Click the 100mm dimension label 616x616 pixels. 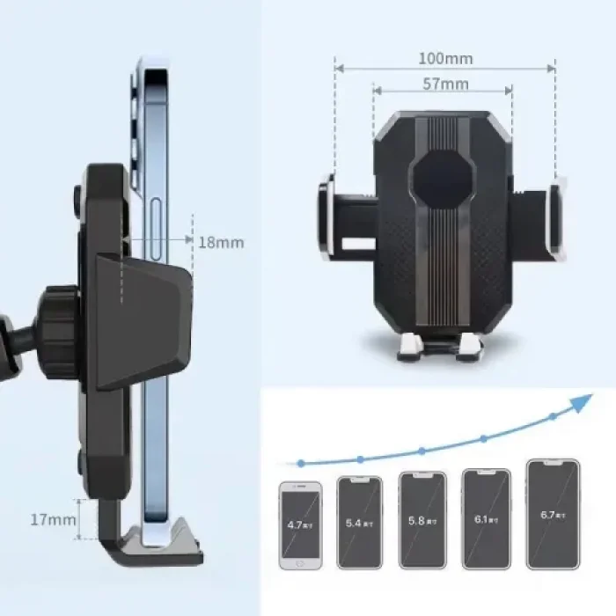coord(444,59)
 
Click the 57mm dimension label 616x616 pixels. coord(444,84)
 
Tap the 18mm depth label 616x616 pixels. coord(220,242)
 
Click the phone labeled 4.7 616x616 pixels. coord(300,524)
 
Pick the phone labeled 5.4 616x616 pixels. coord(360,523)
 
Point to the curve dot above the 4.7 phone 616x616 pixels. coord(301,462)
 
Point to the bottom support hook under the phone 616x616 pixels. coord(158,541)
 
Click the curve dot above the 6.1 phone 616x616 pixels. coord(483,438)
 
